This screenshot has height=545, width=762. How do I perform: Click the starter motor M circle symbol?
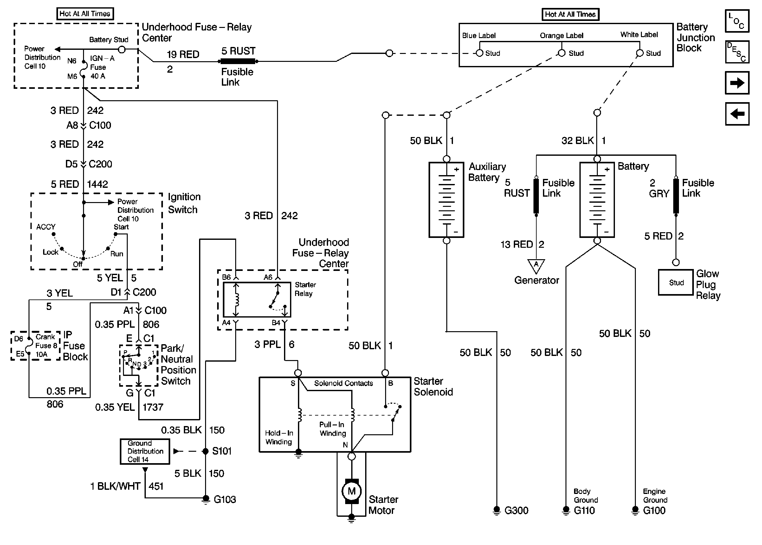click(351, 491)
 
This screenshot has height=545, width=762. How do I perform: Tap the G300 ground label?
click(516, 510)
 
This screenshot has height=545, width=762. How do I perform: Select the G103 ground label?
click(225, 499)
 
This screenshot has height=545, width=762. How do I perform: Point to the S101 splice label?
click(222, 451)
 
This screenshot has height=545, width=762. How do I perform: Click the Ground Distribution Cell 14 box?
click(145, 451)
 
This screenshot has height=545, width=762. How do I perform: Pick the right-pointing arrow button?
click(737, 83)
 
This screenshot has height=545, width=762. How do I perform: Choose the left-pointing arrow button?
click(737, 114)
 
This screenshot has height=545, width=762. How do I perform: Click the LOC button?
click(737, 21)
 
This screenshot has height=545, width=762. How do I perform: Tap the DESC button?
click(737, 52)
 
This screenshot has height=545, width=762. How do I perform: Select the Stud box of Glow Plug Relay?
click(675, 283)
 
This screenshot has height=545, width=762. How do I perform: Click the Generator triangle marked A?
click(536, 266)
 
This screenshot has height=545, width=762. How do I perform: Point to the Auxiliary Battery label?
click(487, 172)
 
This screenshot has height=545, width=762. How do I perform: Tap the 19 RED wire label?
click(183, 54)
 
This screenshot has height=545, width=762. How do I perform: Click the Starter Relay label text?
click(305, 289)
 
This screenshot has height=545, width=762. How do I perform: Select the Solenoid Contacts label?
click(343, 383)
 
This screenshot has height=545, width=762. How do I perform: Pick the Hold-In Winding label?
click(279, 437)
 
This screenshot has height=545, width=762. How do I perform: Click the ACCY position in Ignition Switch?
click(46, 227)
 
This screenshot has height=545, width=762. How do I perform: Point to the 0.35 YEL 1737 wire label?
click(129, 407)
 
